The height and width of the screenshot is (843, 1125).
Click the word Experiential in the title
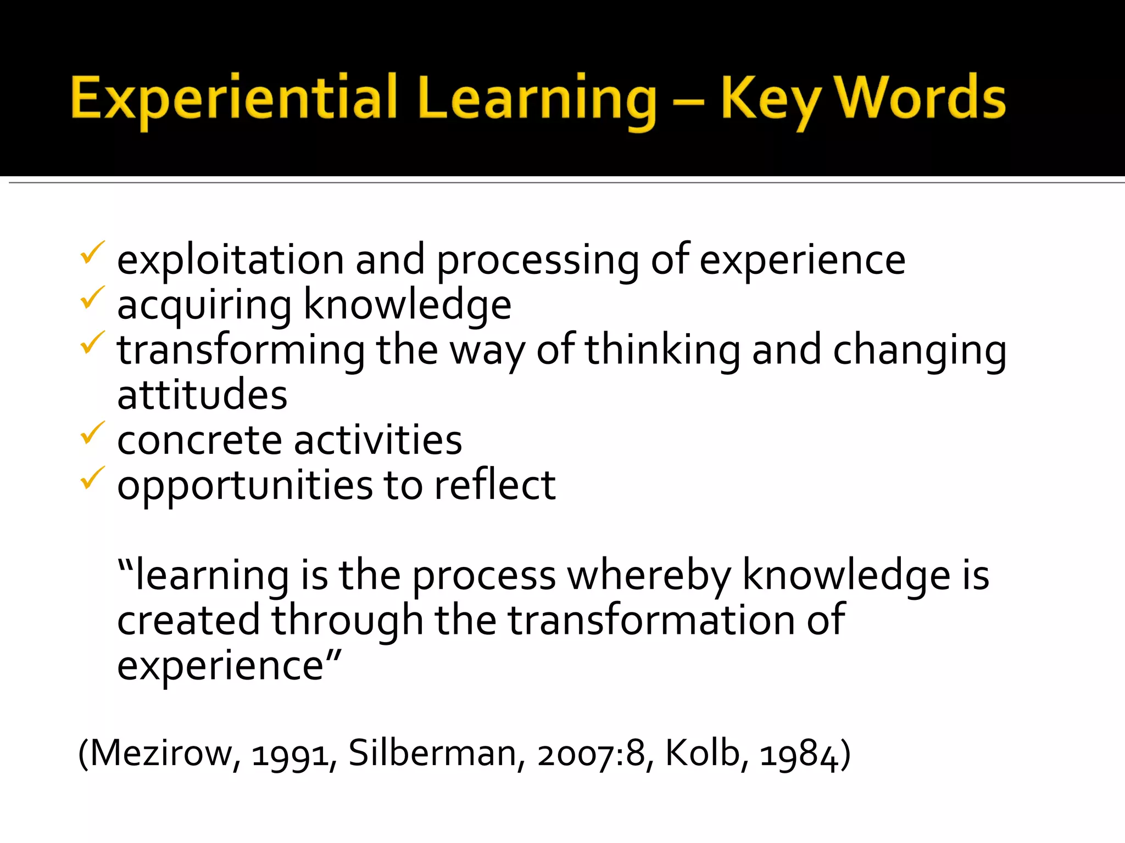click(x=233, y=99)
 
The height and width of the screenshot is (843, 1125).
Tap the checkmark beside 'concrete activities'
click(x=92, y=433)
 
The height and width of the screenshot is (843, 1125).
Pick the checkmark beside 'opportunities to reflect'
click(x=92, y=478)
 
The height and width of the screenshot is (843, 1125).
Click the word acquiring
click(x=204, y=305)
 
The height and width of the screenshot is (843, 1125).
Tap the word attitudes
click(x=202, y=395)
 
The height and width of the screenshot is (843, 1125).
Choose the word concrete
click(x=199, y=440)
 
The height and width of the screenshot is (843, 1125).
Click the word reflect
click(x=494, y=485)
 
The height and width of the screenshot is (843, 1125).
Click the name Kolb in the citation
click(x=706, y=753)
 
